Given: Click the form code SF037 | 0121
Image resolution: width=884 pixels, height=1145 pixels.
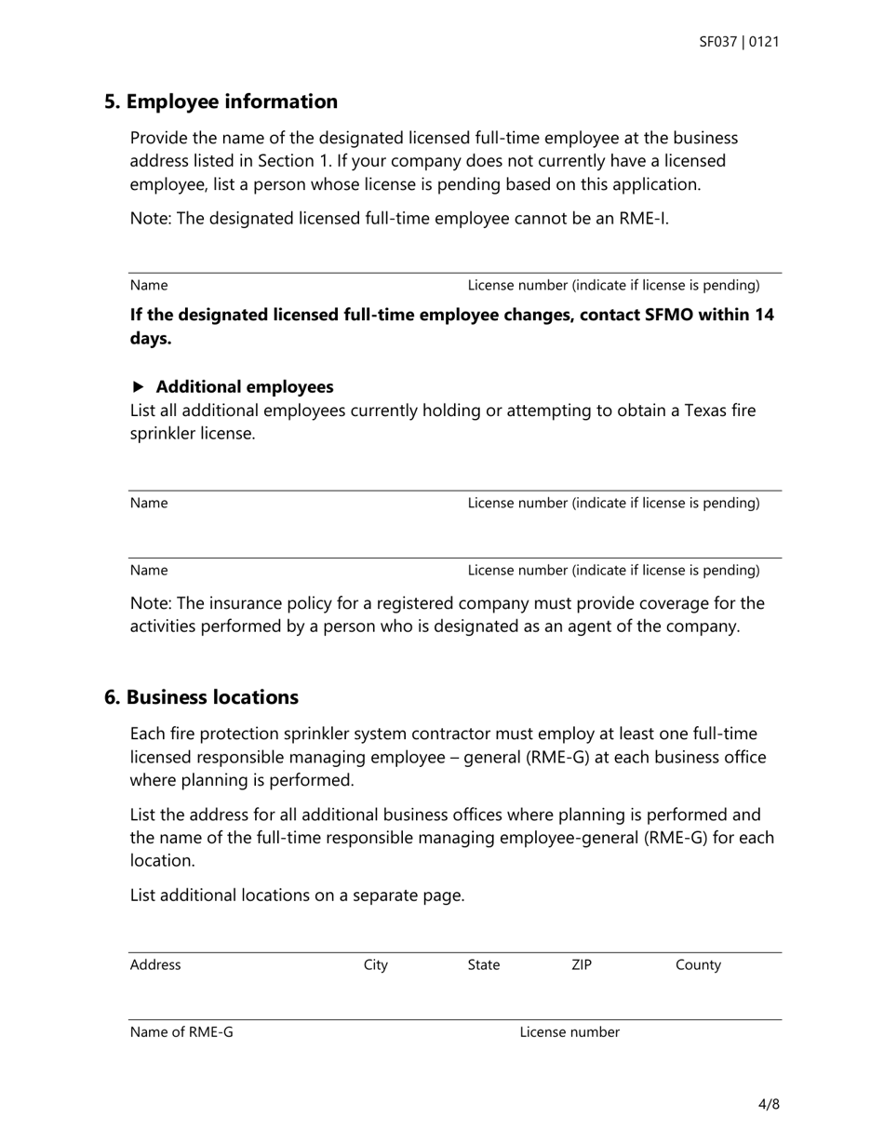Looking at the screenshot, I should (739, 42).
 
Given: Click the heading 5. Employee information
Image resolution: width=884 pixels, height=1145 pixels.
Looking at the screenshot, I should (221, 101).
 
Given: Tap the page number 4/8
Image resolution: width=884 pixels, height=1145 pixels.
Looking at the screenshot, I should (769, 1105).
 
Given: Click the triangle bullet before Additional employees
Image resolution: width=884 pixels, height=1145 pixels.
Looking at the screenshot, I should (139, 386).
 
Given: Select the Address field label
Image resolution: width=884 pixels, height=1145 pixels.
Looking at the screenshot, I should (155, 965).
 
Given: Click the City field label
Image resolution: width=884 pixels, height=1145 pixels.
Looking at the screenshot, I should (375, 965).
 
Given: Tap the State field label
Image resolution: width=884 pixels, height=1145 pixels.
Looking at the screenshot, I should (483, 965).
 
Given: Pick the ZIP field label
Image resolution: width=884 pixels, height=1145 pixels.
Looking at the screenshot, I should (581, 965).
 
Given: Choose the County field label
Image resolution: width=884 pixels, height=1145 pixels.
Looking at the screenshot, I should (698, 965).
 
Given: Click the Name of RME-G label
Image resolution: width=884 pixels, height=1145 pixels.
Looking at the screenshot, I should (181, 1032).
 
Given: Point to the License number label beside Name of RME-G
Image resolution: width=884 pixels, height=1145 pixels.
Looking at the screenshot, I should (569, 1032).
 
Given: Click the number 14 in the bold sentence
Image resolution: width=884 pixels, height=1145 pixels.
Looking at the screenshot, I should (764, 315).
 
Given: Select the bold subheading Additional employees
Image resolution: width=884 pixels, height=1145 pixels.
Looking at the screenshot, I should (244, 386).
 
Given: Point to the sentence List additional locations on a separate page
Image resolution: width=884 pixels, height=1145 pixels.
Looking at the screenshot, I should (297, 896).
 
